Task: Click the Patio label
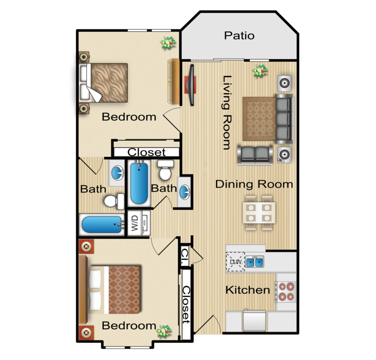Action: pyautogui.click(x=239, y=36)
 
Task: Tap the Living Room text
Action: pyautogui.click(x=227, y=112)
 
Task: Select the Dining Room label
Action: pyautogui.click(x=254, y=185)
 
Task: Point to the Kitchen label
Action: pyautogui.click(x=248, y=290)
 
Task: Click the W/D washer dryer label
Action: pyautogui.click(x=135, y=223)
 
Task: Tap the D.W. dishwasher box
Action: pyautogui.click(x=236, y=262)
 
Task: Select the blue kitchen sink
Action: pyautogui.click(x=255, y=262)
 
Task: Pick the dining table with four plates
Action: pyautogui.click(x=259, y=213)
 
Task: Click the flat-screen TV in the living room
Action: pyautogui.click(x=192, y=85)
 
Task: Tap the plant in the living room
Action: pyautogui.click(x=260, y=71)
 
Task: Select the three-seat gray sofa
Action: pyautogui.click(x=284, y=119)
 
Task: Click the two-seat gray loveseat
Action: pyautogui.click(x=255, y=155)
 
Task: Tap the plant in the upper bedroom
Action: pyautogui.click(x=168, y=43)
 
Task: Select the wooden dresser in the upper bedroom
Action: pyautogui.click(x=173, y=81)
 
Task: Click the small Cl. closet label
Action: pyautogui.click(x=185, y=256)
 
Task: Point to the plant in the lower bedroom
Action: pyautogui.click(x=164, y=331)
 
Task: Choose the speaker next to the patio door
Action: pyautogui.click(x=284, y=83)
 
